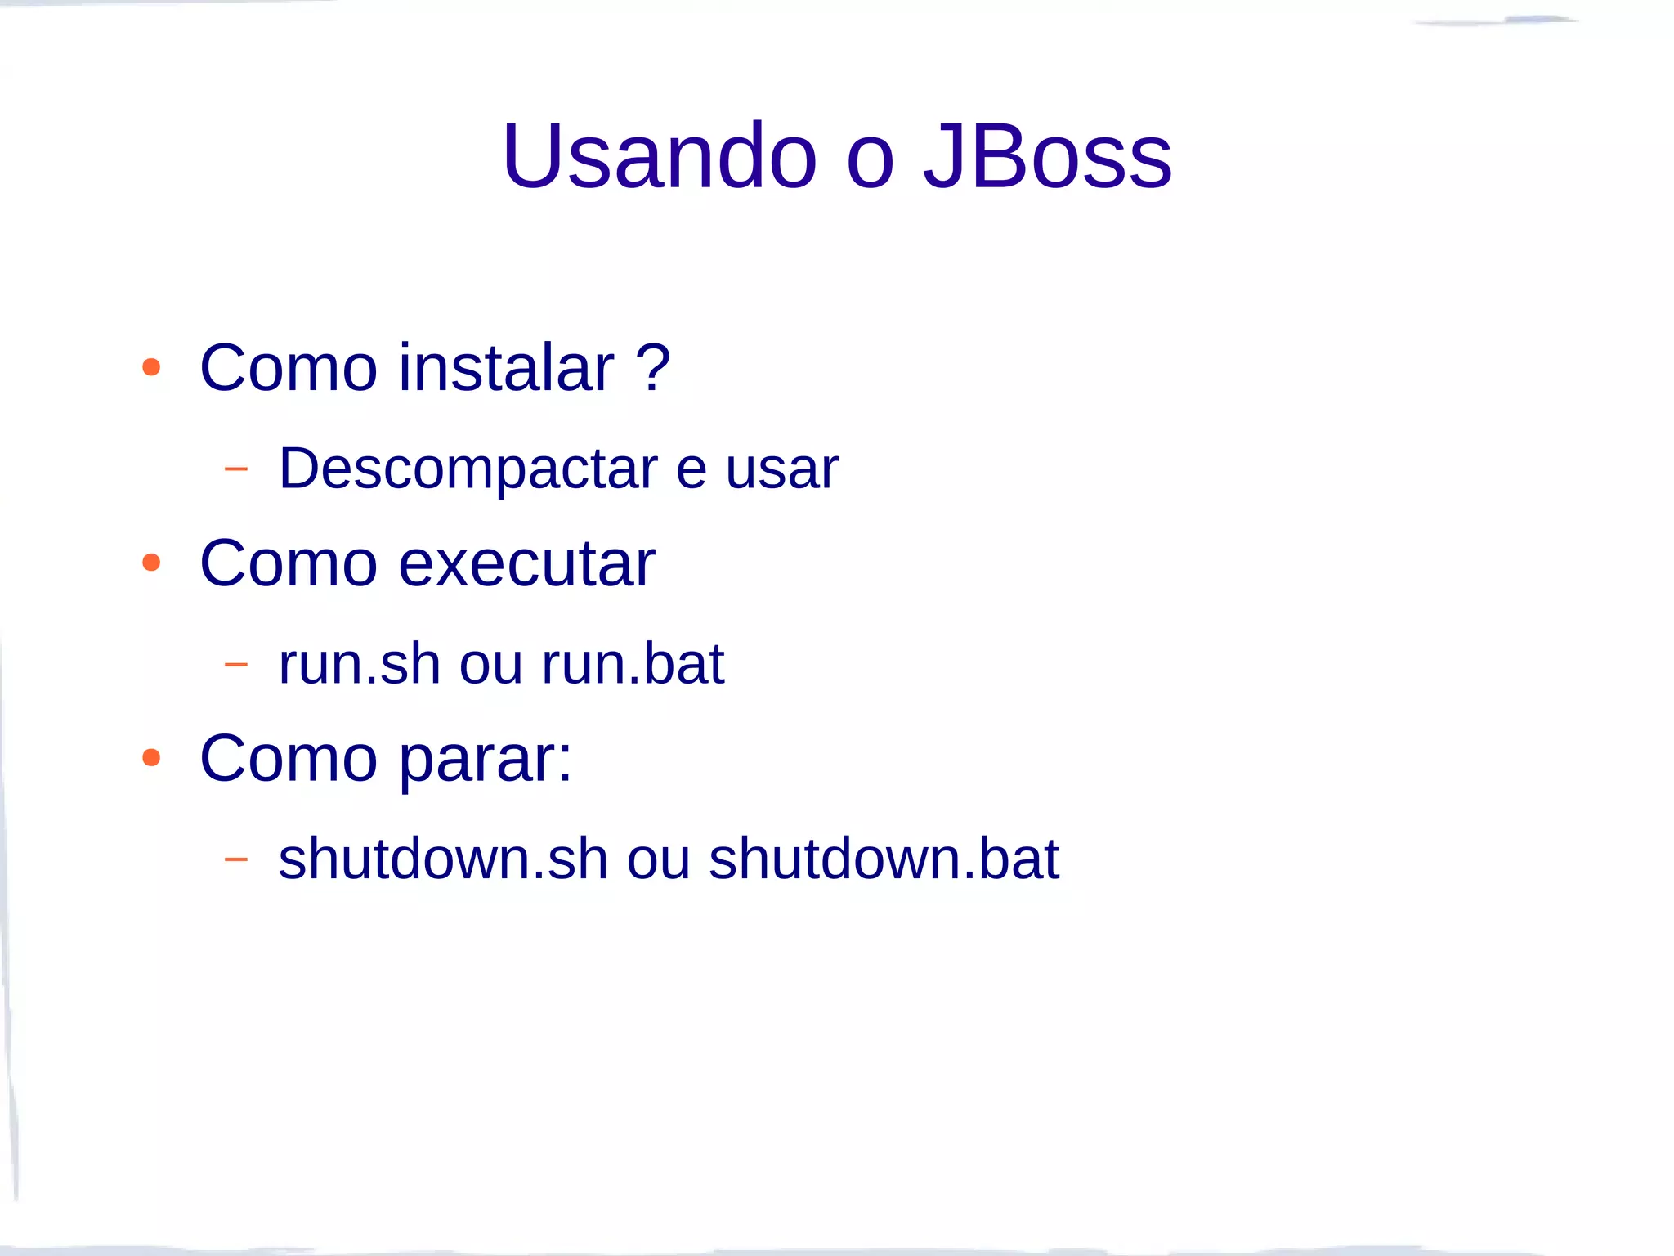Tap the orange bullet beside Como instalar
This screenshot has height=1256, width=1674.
tap(151, 367)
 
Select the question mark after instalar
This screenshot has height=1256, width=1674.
tap(653, 367)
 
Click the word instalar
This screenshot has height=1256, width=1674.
tap(506, 367)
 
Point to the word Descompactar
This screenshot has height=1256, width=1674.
tap(468, 469)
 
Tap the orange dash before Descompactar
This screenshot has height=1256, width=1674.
tap(235, 469)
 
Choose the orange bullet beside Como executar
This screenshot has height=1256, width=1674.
tap(151, 563)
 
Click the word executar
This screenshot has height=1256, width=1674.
tap(526, 563)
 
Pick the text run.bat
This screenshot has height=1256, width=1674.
tap(633, 663)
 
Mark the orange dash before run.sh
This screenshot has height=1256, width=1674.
tap(235, 664)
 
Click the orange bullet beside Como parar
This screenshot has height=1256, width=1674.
tap(151, 757)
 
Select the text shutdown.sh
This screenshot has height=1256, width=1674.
tap(443, 859)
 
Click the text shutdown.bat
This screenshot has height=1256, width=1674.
tap(884, 859)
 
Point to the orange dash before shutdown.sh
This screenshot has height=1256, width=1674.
tap(235, 859)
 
